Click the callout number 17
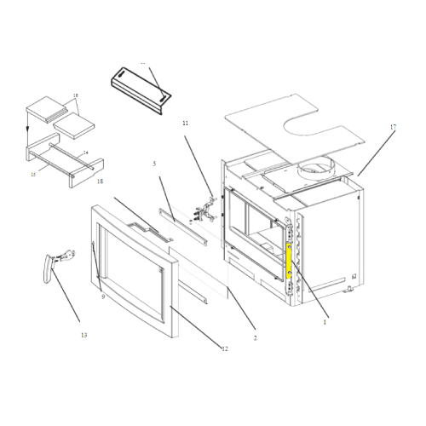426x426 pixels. tap(394, 127)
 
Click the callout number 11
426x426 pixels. tap(184, 124)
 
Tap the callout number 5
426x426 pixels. tap(154, 163)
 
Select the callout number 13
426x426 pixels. tap(83, 335)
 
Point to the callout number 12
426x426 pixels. tap(225, 348)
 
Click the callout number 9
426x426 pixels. tap(102, 296)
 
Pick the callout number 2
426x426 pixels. tap(255, 337)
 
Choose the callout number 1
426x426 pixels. tap(325, 323)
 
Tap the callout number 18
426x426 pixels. tap(100, 181)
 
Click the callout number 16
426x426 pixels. tap(76, 95)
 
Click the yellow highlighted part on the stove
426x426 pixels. tap(290, 261)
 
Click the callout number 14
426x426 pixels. tap(84, 153)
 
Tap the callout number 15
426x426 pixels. tap(33, 174)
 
